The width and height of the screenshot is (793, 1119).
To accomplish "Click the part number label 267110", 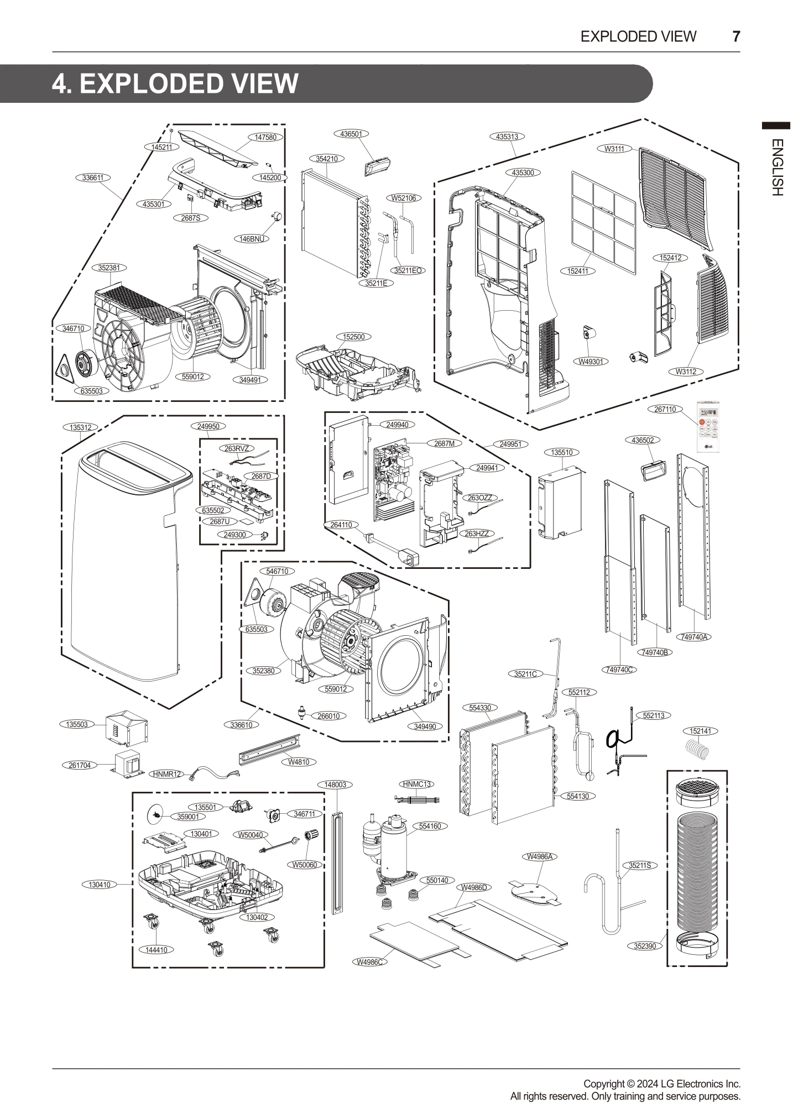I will (x=664, y=409).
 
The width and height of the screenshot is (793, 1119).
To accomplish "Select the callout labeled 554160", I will (x=430, y=826).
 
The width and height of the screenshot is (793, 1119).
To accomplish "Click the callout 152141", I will (x=700, y=731).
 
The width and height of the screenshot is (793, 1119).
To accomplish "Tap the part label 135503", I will (x=77, y=724).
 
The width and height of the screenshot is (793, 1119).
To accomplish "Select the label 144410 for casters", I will (x=156, y=949).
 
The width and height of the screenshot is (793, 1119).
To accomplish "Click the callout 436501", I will (x=351, y=134).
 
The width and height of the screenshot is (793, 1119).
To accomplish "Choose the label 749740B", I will (x=655, y=652).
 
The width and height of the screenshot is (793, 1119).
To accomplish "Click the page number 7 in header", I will (x=736, y=36).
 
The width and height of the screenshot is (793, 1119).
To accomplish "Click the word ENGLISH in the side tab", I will (x=776, y=167).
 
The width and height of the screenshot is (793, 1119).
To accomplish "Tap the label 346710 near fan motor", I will (x=73, y=328).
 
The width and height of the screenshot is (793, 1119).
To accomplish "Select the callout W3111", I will (x=614, y=149).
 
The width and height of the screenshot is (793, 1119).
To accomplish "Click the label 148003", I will (x=335, y=785).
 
